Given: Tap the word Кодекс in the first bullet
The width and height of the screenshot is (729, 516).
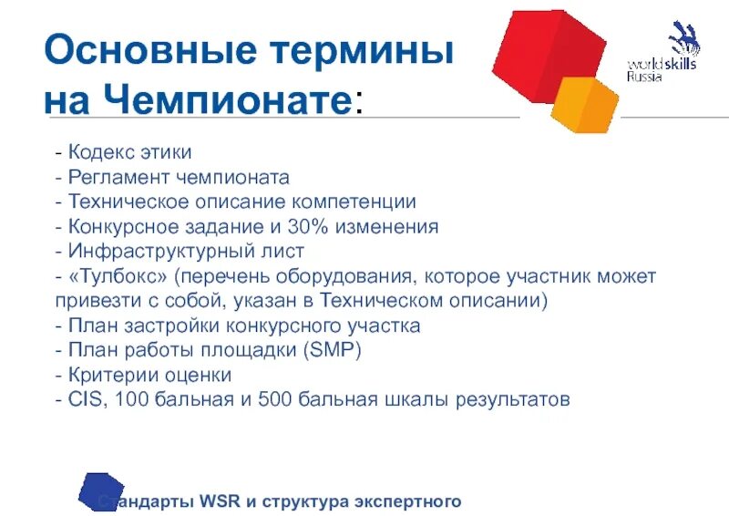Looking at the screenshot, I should (98, 152).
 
